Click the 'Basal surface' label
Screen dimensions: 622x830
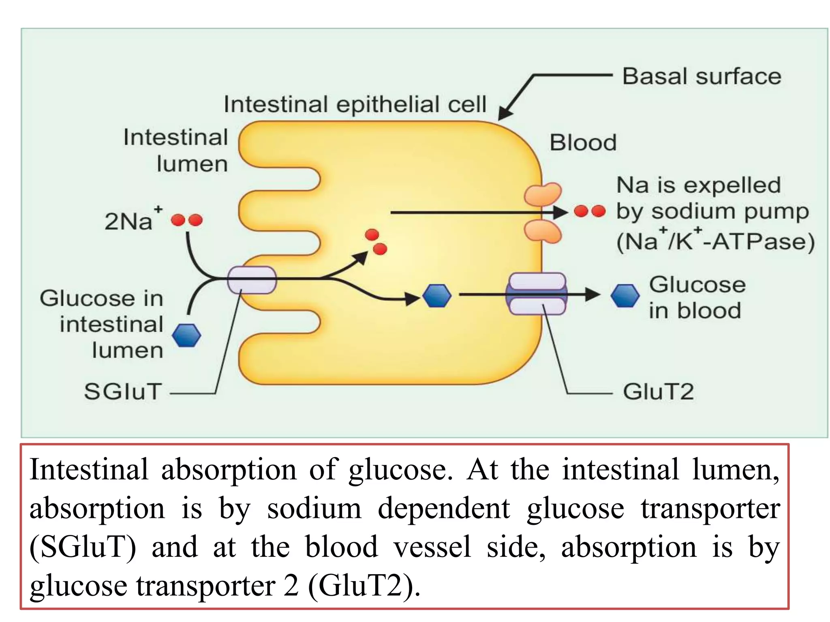pyautogui.click(x=702, y=77)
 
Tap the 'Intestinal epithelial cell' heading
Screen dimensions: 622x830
pyautogui.click(x=355, y=104)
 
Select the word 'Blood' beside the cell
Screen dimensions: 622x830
pyautogui.click(x=583, y=143)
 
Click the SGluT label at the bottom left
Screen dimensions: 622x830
pyautogui.click(x=123, y=392)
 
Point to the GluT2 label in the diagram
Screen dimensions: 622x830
pyautogui.click(x=658, y=392)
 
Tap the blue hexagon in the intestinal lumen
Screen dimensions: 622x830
pyautogui.click(x=186, y=335)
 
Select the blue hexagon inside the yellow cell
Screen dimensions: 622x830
pyautogui.click(x=436, y=295)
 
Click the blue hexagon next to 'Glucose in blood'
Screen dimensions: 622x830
pyautogui.click(x=625, y=295)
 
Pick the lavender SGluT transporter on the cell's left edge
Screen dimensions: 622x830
pyautogui.click(x=252, y=280)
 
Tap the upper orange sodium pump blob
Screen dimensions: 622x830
pyautogui.click(x=543, y=194)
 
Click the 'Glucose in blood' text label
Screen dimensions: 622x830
pyautogui.click(x=697, y=298)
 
